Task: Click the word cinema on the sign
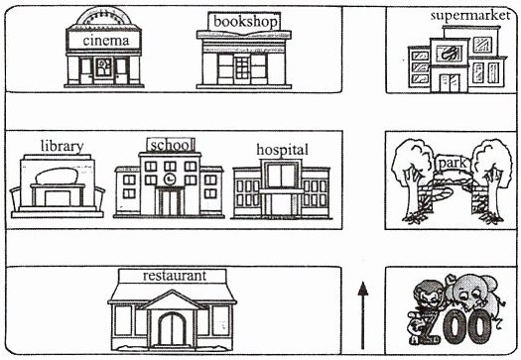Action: [105, 41]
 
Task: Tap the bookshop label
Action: [245, 22]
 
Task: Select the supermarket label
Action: [469, 16]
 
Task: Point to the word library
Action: [63, 146]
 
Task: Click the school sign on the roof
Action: [171, 145]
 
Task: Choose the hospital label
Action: [283, 150]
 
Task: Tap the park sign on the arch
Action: [453, 164]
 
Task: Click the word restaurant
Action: [175, 276]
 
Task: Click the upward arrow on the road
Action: [362, 315]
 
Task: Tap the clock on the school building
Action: [170, 179]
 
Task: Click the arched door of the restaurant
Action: [172, 329]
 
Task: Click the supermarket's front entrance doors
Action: [450, 82]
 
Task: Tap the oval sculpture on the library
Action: [57, 176]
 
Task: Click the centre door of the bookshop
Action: [242, 68]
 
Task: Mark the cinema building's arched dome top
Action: [104, 16]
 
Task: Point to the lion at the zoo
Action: [429, 299]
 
